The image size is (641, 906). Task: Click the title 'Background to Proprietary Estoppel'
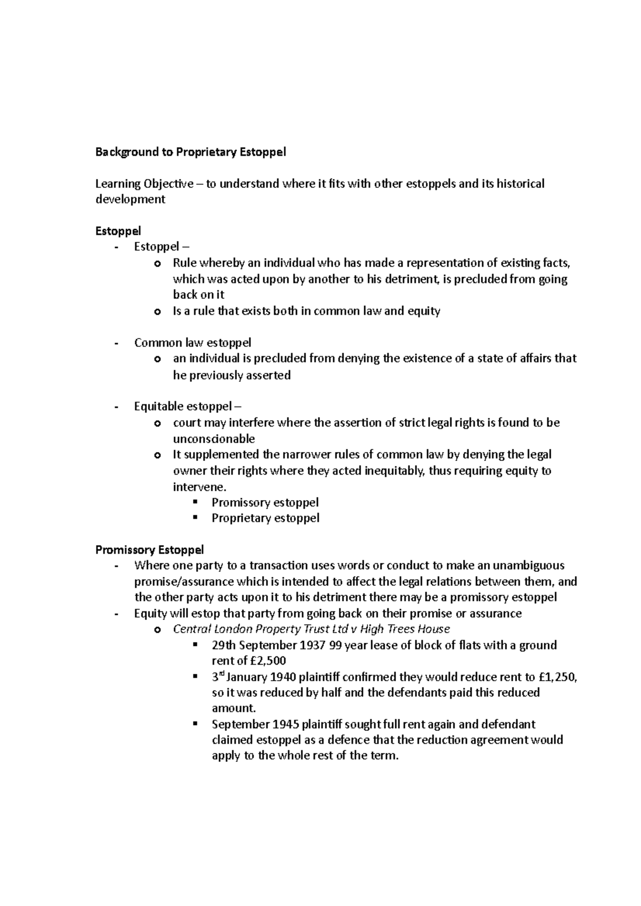(191, 152)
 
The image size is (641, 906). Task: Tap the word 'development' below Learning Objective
(130, 200)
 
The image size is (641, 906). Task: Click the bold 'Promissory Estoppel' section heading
(150, 549)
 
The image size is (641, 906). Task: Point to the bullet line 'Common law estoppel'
(192, 343)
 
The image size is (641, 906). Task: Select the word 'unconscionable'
(214, 439)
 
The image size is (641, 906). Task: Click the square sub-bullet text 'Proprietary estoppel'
(265, 518)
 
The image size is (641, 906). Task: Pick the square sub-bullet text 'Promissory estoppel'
(265, 502)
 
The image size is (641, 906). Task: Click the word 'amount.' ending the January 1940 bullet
(234, 708)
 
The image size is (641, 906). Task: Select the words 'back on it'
(199, 295)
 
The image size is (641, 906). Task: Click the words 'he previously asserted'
(232, 375)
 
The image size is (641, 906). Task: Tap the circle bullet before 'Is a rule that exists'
(157, 312)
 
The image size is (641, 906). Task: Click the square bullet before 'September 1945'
(195, 724)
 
